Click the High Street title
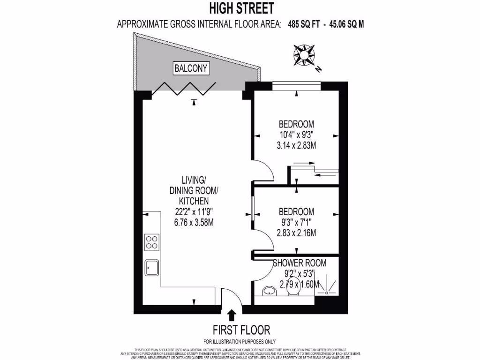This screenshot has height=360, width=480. coord(240,8)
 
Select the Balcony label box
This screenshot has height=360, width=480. coord(191,68)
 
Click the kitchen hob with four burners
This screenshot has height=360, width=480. coord(151,242)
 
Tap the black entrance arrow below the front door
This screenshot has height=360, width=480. coord(231,315)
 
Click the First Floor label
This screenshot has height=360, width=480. coord(241,329)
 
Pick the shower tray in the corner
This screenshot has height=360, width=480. coord(326,286)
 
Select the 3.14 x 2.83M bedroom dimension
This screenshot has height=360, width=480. coord(296,145)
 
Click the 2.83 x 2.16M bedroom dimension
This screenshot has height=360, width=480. coord(296,232)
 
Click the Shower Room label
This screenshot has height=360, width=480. coord(300,263)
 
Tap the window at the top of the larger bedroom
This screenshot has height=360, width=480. coord(296,85)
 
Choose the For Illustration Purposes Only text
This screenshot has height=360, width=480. coord(240,341)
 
